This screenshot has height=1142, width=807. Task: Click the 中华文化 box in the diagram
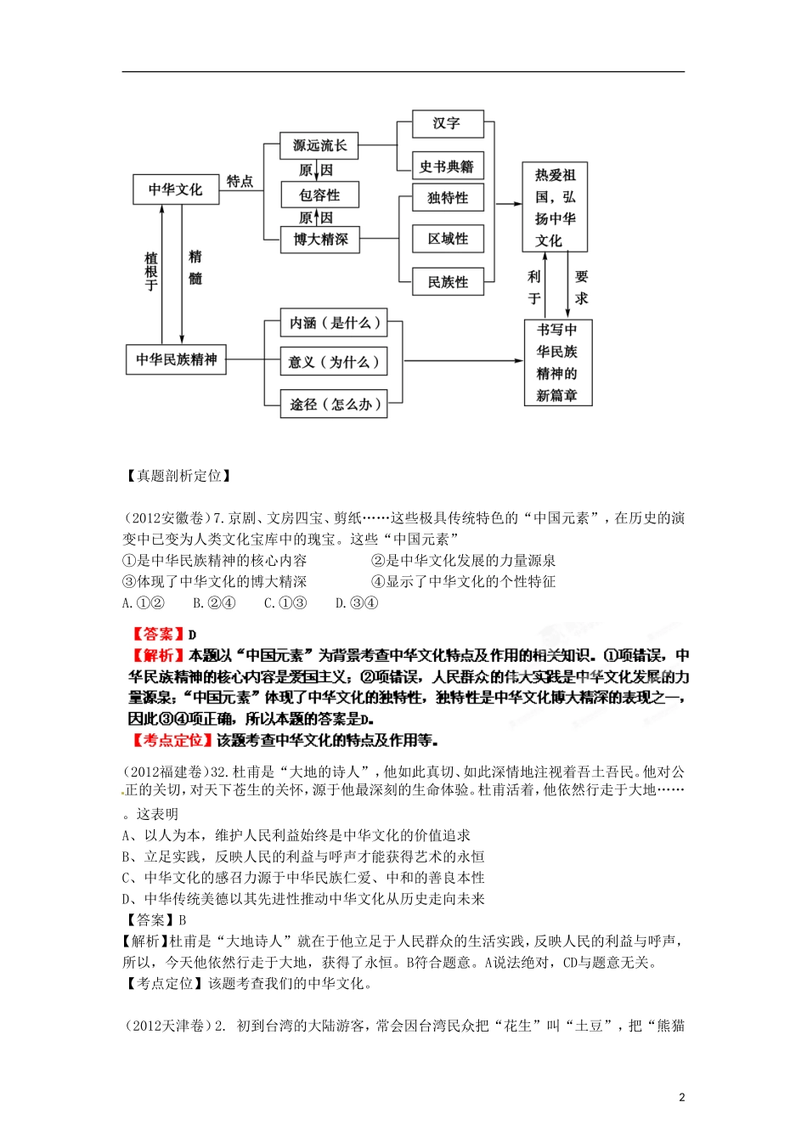[176, 189]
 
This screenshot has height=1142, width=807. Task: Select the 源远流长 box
[319, 145]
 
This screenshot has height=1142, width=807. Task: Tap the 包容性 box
[320, 195]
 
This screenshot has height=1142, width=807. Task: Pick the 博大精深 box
[320, 240]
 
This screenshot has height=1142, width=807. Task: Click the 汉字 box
[447, 123]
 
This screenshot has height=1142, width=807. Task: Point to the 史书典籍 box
[447, 167]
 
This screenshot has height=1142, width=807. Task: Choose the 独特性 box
[447, 198]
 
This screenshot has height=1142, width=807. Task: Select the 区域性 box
[447, 239]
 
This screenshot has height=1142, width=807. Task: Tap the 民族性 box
[447, 282]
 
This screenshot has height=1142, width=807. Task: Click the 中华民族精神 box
[176, 359]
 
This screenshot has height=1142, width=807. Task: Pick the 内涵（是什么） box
[334, 323]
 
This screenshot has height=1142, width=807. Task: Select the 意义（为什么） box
[334, 362]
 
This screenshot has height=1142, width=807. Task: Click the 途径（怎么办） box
[334, 404]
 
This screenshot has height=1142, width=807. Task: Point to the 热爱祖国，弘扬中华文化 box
[555, 207]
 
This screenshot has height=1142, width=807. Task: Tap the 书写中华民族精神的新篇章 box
[557, 362]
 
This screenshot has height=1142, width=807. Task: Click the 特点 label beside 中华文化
[240, 181]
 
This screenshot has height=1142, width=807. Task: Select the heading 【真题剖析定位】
[178, 476]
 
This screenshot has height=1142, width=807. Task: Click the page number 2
[681, 1097]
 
